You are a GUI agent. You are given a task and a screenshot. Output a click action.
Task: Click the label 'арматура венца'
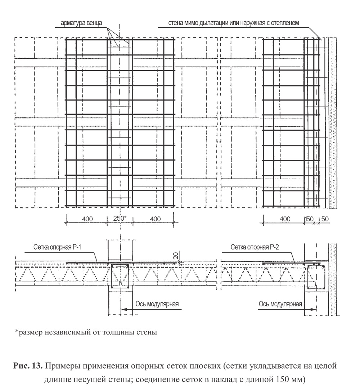click(x=82, y=23)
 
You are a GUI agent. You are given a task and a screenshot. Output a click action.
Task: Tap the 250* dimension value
click(x=120, y=219)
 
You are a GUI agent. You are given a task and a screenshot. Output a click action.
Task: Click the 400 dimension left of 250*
click(x=87, y=219)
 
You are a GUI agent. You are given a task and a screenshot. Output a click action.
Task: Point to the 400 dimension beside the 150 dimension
click(x=285, y=219)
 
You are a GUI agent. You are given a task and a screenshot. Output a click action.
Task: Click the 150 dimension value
click(x=309, y=219)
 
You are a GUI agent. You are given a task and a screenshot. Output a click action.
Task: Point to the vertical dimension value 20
click(x=176, y=256)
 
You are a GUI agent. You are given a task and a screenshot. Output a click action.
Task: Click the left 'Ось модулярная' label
click(x=157, y=304)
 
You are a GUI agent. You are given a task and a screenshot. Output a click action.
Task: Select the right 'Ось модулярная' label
click(x=280, y=304)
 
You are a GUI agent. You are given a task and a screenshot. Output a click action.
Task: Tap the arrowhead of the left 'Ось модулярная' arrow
click(x=122, y=309)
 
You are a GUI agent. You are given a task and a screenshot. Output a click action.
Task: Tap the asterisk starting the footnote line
click(x=16, y=330)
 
